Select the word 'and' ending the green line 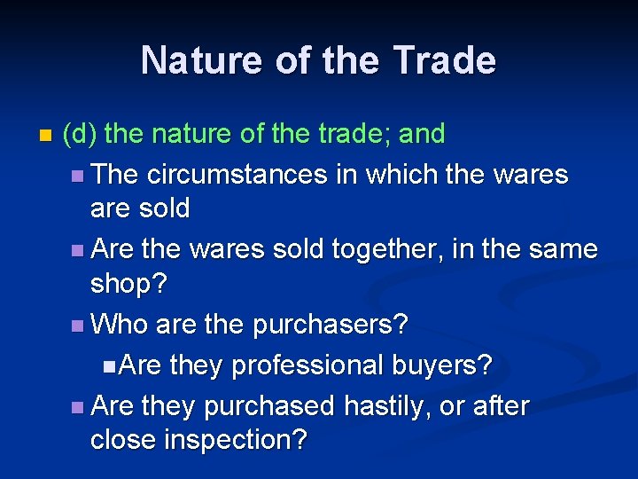[x=421, y=134]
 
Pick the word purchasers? [x=331, y=324]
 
